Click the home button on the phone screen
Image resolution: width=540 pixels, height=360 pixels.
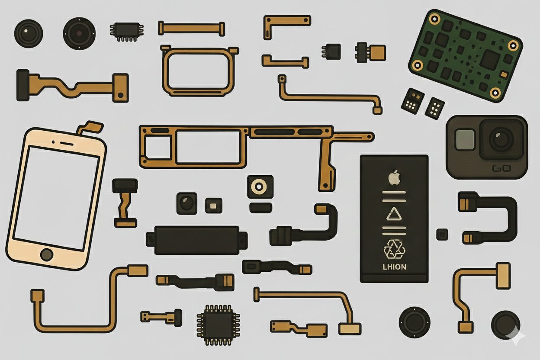coord(47,255)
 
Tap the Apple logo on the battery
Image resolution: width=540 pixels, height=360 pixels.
coord(394,177)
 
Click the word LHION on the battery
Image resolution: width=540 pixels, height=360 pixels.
coord(394,267)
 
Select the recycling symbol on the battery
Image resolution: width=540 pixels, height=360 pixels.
coord(394,249)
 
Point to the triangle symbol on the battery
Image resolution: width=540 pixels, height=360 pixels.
coord(394,214)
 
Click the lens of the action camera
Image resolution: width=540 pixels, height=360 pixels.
coord(501,139)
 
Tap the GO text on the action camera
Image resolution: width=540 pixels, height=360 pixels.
coord(501,169)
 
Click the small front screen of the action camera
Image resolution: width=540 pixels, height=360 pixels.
coord(465,140)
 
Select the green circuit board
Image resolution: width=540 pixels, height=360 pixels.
coord(466,56)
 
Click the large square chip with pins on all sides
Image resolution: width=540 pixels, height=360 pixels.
coord(219,325)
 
